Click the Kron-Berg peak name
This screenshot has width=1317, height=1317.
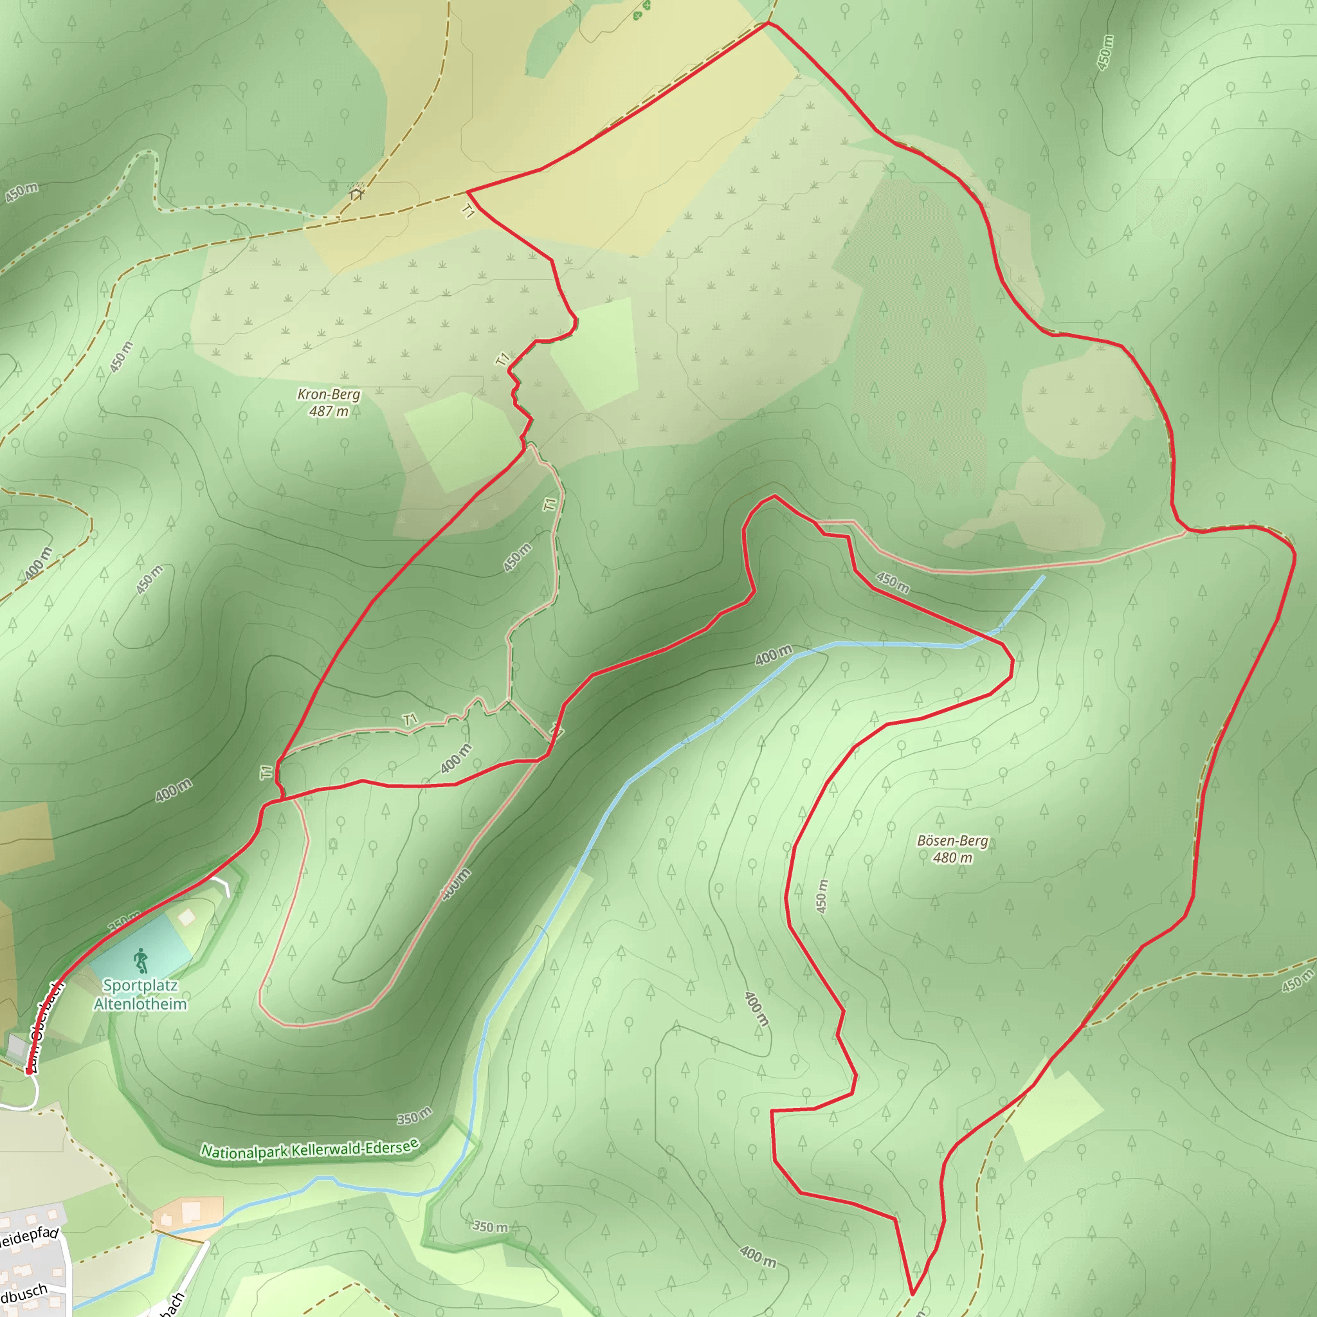click(329, 394)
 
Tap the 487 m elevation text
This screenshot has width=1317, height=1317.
click(329, 411)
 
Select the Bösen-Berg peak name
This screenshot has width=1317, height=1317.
click(952, 840)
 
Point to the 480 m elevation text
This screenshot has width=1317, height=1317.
click(952, 858)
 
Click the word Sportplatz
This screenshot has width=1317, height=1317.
click(140, 985)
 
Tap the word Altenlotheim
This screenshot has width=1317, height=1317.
click(140, 1004)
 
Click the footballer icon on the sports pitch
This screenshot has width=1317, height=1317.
click(141, 961)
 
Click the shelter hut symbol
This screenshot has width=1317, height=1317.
click(355, 194)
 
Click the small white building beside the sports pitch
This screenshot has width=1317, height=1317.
click(186, 917)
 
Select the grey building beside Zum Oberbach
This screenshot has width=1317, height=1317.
click(15, 1045)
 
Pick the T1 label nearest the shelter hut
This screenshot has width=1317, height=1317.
click(468, 212)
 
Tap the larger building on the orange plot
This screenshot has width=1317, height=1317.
click(191, 1211)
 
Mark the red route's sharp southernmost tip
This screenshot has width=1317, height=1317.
click(912, 1293)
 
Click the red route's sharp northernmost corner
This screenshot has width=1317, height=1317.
click(768, 23)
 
